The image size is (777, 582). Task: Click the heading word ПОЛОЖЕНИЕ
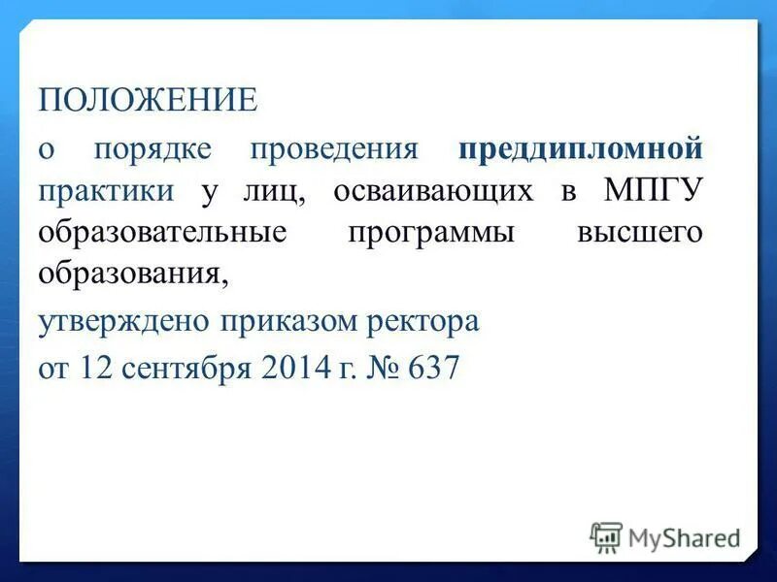tap(148, 99)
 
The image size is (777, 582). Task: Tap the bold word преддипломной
tap(580, 150)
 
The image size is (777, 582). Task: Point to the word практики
tap(107, 191)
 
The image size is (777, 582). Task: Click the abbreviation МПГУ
tap(653, 190)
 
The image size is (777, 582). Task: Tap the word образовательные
tap(163, 234)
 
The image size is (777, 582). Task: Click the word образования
tap(133, 275)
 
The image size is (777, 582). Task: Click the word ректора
tap(425, 320)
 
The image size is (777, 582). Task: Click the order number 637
tap(431, 369)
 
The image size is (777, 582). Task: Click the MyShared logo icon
tap(606, 536)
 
